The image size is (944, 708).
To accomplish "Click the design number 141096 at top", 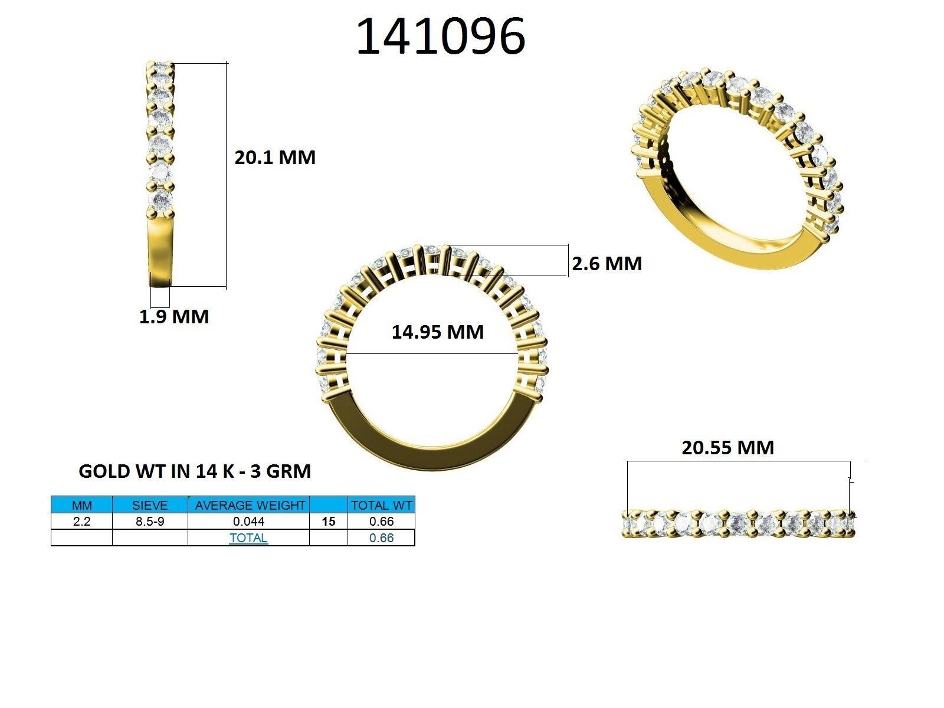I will point(440,37).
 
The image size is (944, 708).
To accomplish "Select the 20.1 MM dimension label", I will point(275,158).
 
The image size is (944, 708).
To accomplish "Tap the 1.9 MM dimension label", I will point(174,317).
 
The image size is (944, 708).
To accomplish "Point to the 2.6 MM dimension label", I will point(607,263).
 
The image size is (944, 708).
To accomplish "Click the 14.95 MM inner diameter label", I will point(437,332).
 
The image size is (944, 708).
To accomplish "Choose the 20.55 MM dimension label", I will point(727,448).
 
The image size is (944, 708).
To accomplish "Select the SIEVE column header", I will point(150,505).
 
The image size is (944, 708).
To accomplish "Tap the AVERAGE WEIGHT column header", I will point(249,505).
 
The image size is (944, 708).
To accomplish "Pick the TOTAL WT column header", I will point(381,505).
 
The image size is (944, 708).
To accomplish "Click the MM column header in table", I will point(81,505).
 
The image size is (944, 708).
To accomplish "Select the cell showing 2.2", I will point(81,522).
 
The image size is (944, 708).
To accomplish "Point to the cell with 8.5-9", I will point(150,522).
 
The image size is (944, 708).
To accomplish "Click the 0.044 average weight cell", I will point(249,522).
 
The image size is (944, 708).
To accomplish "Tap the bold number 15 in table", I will point(329,522).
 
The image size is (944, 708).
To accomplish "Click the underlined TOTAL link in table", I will point(248,538).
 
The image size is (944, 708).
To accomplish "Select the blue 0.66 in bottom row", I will point(381,538).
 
